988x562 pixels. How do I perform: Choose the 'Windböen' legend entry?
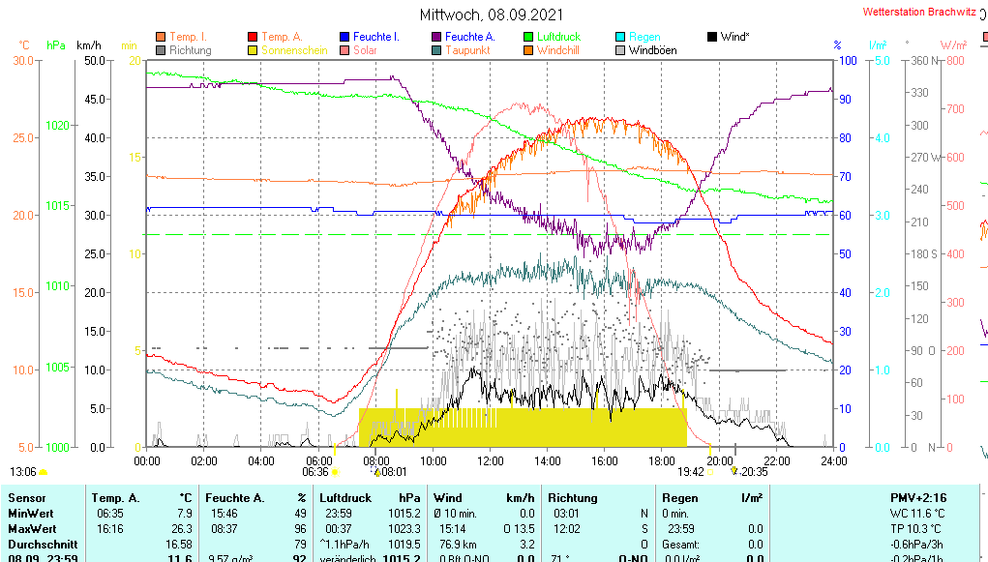pos(652,50)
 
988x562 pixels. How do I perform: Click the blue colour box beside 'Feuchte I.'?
pos(345,37)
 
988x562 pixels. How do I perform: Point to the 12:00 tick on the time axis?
pos(490,460)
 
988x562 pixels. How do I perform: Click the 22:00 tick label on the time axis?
pos(777,460)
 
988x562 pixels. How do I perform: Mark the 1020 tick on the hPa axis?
pos(57,125)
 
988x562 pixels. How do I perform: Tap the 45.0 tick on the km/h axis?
pos(95,99)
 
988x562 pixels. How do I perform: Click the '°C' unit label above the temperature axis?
pos(24,45)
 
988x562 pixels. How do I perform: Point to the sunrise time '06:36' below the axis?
pos(315,472)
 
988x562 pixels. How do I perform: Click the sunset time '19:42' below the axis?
pos(690,472)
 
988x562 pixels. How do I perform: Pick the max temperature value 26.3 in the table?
pos(184,529)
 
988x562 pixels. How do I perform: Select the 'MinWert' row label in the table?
pos(29,514)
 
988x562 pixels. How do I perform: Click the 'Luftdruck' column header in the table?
pos(346,497)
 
